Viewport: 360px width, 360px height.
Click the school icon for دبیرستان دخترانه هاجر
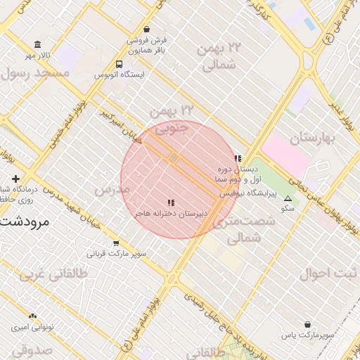[x=171, y=202]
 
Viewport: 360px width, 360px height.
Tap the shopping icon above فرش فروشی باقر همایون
[x=146, y=30]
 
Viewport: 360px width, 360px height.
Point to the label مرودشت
[x=22, y=221]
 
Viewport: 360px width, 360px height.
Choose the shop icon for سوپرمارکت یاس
[x=308, y=324]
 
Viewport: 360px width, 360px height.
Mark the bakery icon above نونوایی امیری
[x=32, y=316]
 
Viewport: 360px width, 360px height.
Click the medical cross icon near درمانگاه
[x=15, y=179]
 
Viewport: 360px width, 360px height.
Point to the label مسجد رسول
[x=35, y=73]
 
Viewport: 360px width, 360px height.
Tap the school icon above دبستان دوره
[x=238, y=158]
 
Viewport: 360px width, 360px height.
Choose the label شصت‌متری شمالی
[x=243, y=230]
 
